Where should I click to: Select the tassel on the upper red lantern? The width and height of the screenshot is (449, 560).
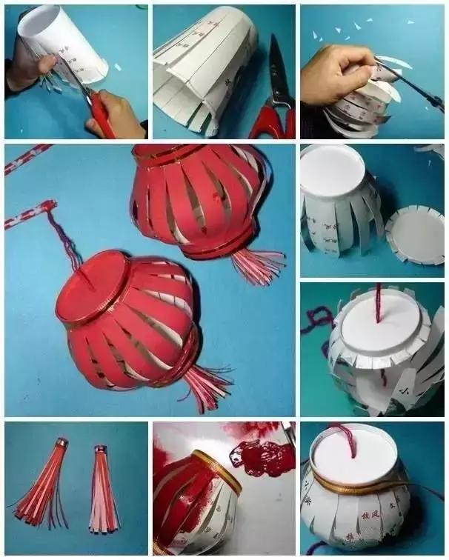[x=256, y=264]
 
